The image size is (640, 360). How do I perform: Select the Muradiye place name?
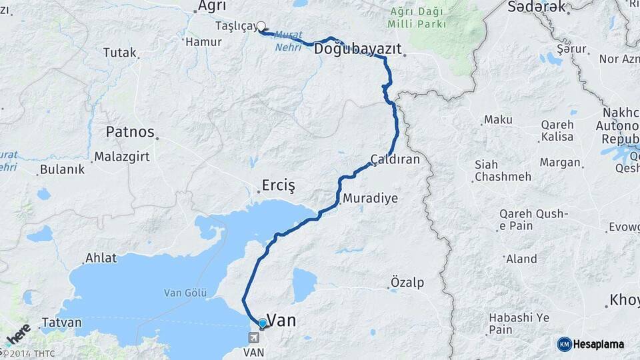(x=370, y=199)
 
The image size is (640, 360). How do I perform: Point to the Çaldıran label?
(x=395, y=160)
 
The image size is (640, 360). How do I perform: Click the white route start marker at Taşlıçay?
(x=261, y=27)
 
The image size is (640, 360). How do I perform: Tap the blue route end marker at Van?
(x=262, y=323)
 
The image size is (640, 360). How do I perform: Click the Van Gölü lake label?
(x=185, y=293)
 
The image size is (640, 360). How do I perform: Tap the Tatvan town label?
(x=61, y=323)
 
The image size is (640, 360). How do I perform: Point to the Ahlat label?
(x=101, y=258)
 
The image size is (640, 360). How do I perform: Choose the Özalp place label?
(x=407, y=282)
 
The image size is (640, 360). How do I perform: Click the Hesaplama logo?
(x=591, y=344)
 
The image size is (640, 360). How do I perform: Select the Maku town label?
(x=498, y=119)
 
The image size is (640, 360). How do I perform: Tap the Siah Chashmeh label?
(x=502, y=171)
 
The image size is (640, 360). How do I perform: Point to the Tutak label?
(x=119, y=53)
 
